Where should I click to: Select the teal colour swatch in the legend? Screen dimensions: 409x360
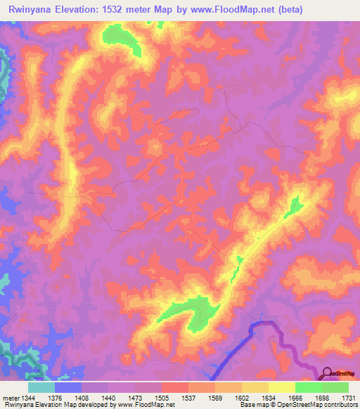point(41,387)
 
